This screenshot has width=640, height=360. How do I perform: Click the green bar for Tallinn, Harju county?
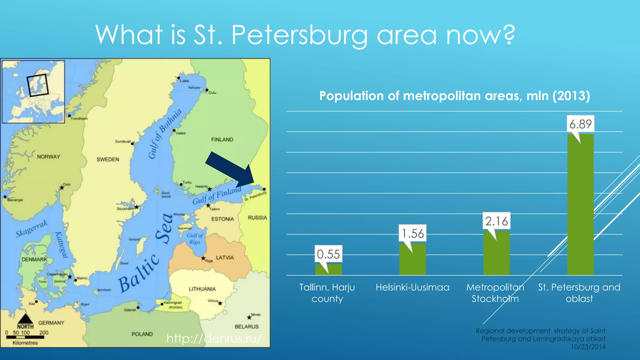click(x=328, y=270)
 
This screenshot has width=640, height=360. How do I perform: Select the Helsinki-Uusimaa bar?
click(x=412, y=259)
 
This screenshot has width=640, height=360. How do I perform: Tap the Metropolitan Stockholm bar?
click(x=496, y=253)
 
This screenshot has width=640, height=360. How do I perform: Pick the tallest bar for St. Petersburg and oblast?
click(x=580, y=205)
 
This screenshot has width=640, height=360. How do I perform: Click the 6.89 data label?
click(x=580, y=124)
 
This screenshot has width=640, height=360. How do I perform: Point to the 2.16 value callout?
click(x=496, y=221)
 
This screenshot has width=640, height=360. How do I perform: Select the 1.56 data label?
click(x=412, y=233)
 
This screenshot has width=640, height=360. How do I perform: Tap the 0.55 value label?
click(x=328, y=254)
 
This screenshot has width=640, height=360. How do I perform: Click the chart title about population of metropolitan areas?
click(x=454, y=96)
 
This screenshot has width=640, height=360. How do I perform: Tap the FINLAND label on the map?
click(x=222, y=139)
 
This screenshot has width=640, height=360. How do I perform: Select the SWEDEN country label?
click(x=108, y=159)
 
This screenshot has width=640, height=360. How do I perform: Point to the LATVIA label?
click(x=225, y=257)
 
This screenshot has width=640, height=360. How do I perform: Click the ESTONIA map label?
click(x=222, y=219)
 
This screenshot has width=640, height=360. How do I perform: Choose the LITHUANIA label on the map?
click(x=202, y=289)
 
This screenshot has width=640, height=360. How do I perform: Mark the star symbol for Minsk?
click(x=249, y=317)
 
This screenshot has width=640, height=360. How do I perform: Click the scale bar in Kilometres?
click(x=25, y=337)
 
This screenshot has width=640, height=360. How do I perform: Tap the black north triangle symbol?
click(x=25, y=319)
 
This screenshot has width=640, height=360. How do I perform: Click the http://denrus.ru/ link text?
click(x=214, y=338)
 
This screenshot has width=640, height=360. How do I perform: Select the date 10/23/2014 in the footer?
click(x=588, y=347)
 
